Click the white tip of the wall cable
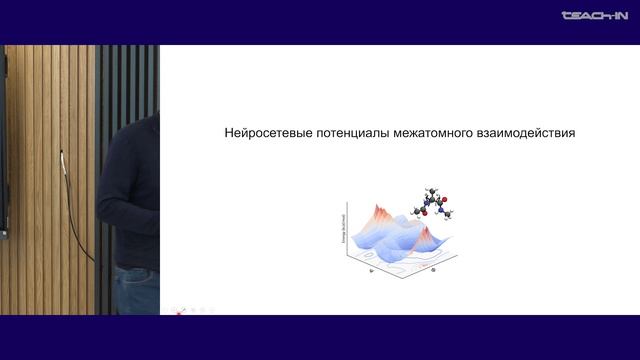[61, 153]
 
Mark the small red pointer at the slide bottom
[179, 312]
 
